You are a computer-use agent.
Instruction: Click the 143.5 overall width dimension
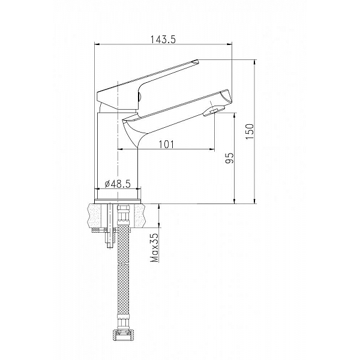[163, 40]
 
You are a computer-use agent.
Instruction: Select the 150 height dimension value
[250, 131]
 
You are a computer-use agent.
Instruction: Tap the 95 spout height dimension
[229, 158]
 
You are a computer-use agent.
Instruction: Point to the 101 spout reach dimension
[166, 145]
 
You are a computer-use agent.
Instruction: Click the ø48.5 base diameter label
[118, 184]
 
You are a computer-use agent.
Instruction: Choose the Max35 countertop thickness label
[155, 248]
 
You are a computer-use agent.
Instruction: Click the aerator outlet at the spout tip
[213, 110]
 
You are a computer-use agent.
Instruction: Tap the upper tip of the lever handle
[195, 61]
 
